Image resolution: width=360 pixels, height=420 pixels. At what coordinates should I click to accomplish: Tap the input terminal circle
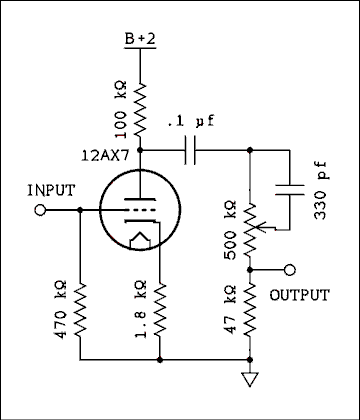pos(41,211)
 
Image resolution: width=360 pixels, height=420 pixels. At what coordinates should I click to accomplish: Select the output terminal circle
pos(290,270)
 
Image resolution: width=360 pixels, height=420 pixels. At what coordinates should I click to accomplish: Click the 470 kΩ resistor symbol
pos(78,311)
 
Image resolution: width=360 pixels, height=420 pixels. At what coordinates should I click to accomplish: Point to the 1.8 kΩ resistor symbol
pos(161,311)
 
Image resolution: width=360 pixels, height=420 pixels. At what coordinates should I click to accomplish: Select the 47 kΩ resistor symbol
pos(251,310)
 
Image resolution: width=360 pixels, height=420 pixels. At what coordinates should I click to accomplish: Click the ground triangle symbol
pos(251,379)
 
